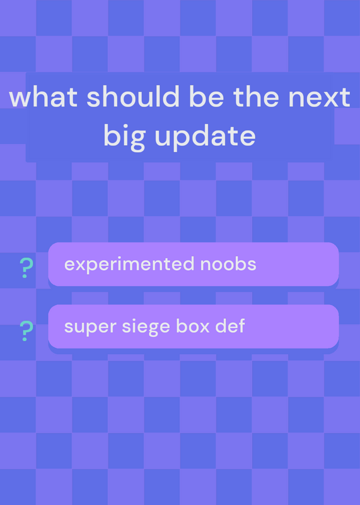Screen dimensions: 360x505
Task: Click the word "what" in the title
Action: (x=44, y=97)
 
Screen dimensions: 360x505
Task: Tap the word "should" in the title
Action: (x=133, y=97)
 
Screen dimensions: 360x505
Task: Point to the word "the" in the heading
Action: (x=257, y=97)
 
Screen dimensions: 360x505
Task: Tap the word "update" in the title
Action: (x=206, y=137)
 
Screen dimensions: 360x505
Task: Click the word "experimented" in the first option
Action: (x=129, y=264)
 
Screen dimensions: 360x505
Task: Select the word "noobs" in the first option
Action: (x=228, y=264)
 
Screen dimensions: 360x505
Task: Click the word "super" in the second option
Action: (x=90, y=327)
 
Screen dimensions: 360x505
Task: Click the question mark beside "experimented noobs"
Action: (x=26, y=268)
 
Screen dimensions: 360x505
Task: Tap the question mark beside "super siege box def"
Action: (x=26, y=331)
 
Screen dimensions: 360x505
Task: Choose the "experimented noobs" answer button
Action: (x=194, y=264)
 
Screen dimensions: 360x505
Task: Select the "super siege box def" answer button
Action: (x=194, y=326)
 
